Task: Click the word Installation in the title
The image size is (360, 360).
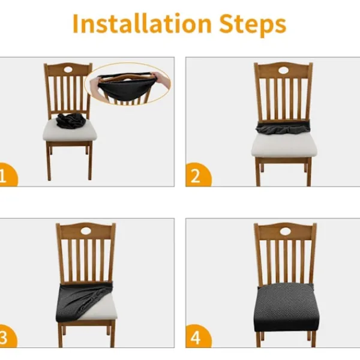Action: [x=142, y=23]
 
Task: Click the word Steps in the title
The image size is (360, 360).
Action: [x=253, y=25]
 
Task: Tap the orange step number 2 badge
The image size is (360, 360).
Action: [x=198, y=175]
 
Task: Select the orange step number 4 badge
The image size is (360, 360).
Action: [x=198, y=336]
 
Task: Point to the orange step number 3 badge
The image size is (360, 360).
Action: [x=7, y=336]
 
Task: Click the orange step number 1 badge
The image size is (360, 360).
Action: [x=7, y=175]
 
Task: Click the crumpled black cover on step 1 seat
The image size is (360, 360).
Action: [x=71, y=121]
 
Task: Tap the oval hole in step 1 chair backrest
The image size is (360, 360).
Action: [x=68, y=70]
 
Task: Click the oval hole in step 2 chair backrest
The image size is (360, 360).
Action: [x=283, y=70]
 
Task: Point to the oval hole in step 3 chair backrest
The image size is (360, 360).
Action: [x=86, y=231]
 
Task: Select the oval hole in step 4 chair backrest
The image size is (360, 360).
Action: [x=285, y=232]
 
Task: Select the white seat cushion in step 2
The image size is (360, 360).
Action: [x=284, y=145]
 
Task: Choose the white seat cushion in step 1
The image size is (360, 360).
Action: [x=70, y=131]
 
